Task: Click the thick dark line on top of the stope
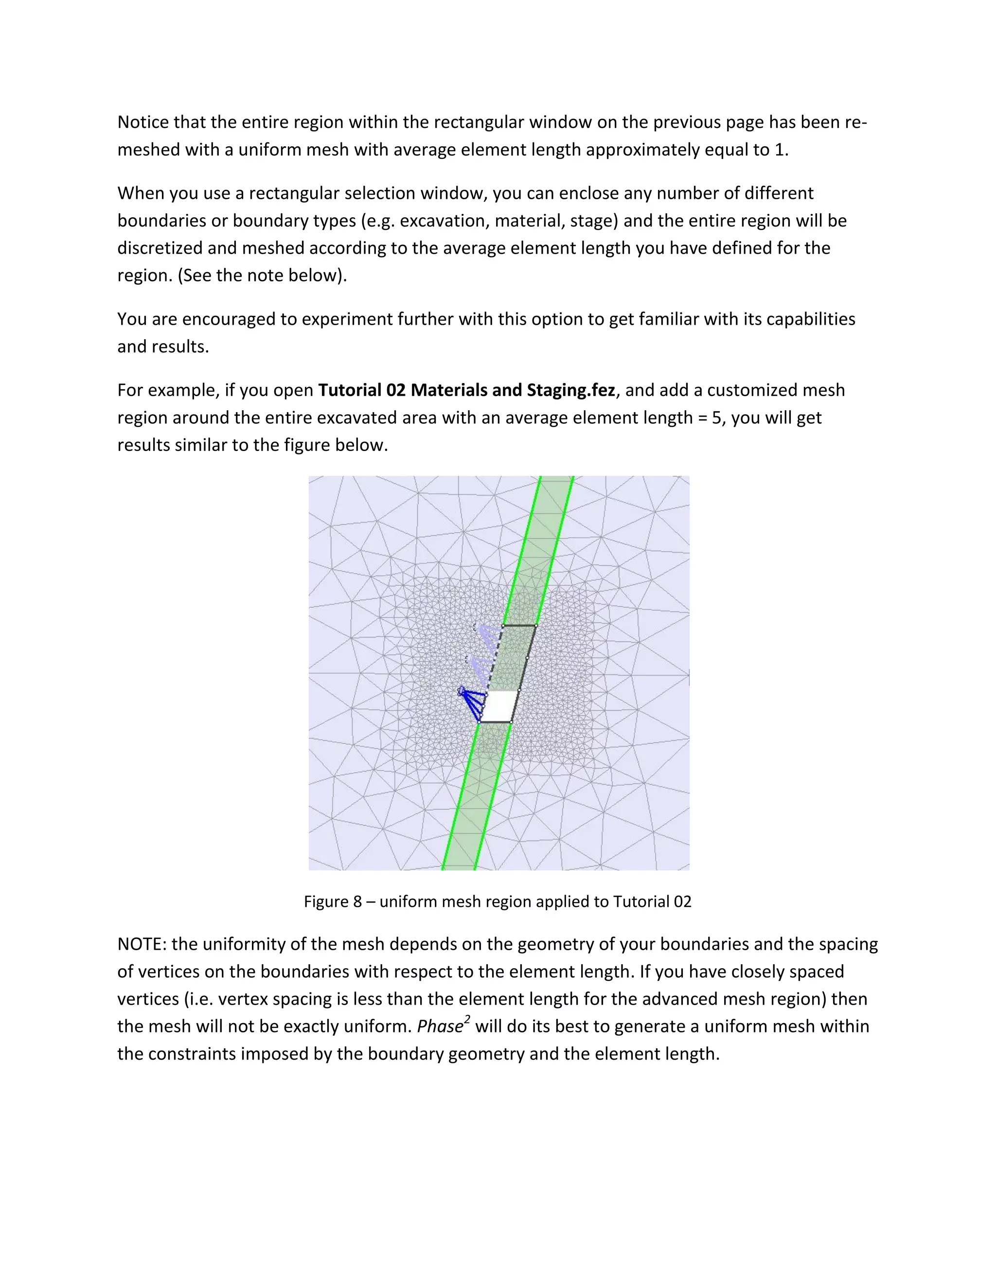(x=519, y=626)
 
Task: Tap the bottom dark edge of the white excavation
(x=495, y=722)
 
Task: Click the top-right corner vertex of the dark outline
(x=536, y=626)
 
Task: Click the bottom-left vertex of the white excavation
(x=479, y=722)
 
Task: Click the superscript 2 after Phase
(x=467, y=1020)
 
